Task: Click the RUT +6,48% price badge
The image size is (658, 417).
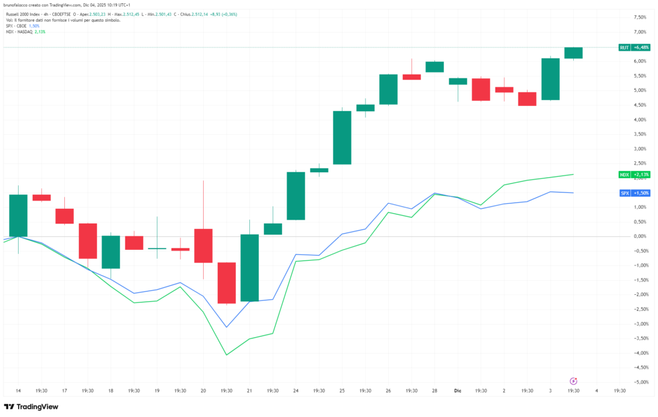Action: tap(634, 48)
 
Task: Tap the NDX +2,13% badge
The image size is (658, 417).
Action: tap(634, 174)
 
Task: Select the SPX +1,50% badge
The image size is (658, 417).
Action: tap(634, 193)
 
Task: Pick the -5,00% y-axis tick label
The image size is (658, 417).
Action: tap(639, 382)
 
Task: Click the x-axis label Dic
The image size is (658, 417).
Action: tap(458, 390)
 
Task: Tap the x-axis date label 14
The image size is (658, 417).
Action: tap(18, 390)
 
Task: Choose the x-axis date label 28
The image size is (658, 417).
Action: tap(435, 390)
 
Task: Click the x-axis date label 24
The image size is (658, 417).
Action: tap(296, 390)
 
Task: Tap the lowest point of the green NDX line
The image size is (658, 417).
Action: tap(226, 355)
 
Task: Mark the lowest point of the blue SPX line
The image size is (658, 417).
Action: tap(226, 327)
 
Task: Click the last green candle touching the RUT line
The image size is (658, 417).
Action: tap(573, 53)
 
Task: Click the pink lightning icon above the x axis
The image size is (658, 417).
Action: tap(573, 381)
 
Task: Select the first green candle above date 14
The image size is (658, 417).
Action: tap(18, 215)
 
